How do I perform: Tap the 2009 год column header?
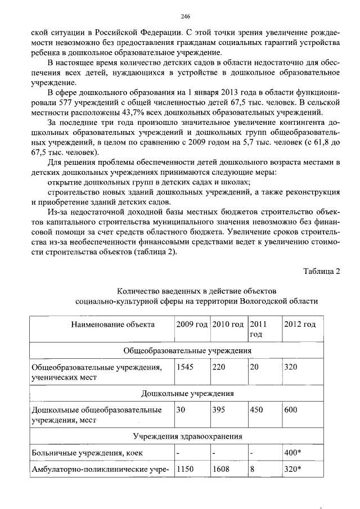pos(191,325)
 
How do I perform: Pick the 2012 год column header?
pos(300,325)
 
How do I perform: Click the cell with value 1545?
pos(185,367)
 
